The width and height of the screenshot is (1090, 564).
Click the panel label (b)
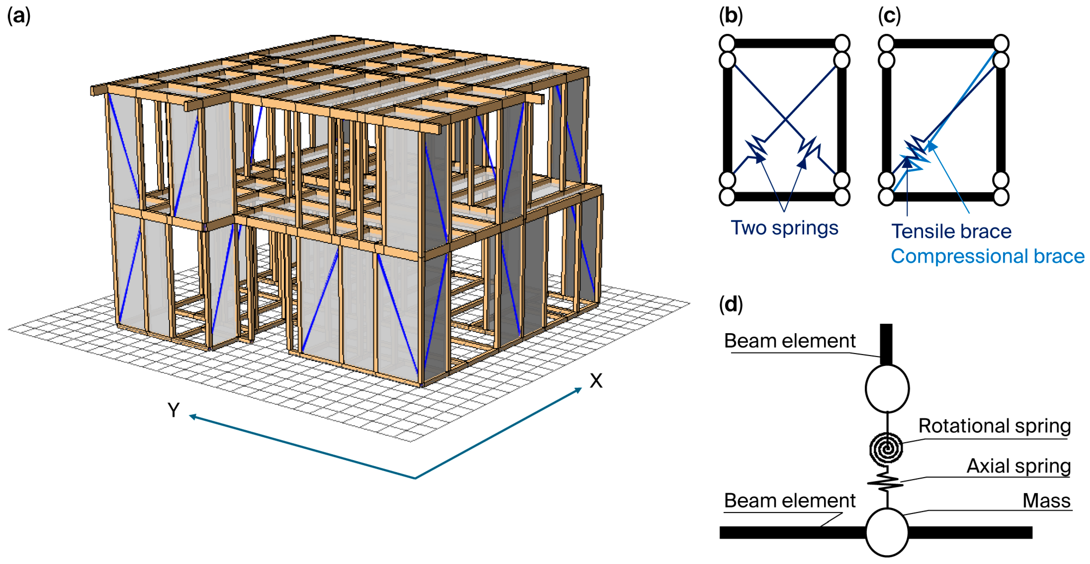tap(731, 16)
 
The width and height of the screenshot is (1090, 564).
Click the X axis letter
tap(596, 381)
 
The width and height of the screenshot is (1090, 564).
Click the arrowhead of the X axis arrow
tap(578, 390)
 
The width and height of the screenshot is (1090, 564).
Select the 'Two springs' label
tap(784, 228)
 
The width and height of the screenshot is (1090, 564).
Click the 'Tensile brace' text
tap(951, 231)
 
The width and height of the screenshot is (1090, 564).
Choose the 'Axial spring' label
tap(1019, 466)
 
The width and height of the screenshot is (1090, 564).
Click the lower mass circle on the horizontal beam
tap(887, 532)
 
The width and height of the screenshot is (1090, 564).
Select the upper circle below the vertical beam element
tap(887, 388)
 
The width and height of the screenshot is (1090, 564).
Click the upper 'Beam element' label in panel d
tap(790, 341)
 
